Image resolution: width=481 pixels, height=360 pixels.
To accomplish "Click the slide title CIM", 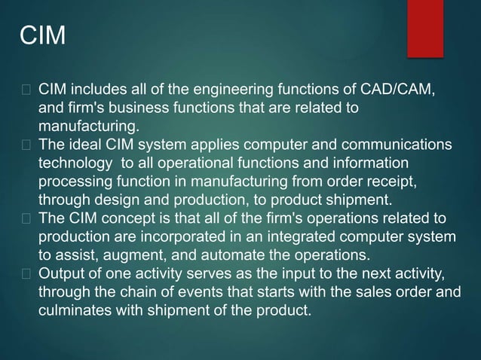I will coord(41,35).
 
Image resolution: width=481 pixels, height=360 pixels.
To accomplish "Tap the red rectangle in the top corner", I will coord(424,27).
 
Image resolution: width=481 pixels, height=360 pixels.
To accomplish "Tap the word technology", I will coord(73,162).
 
